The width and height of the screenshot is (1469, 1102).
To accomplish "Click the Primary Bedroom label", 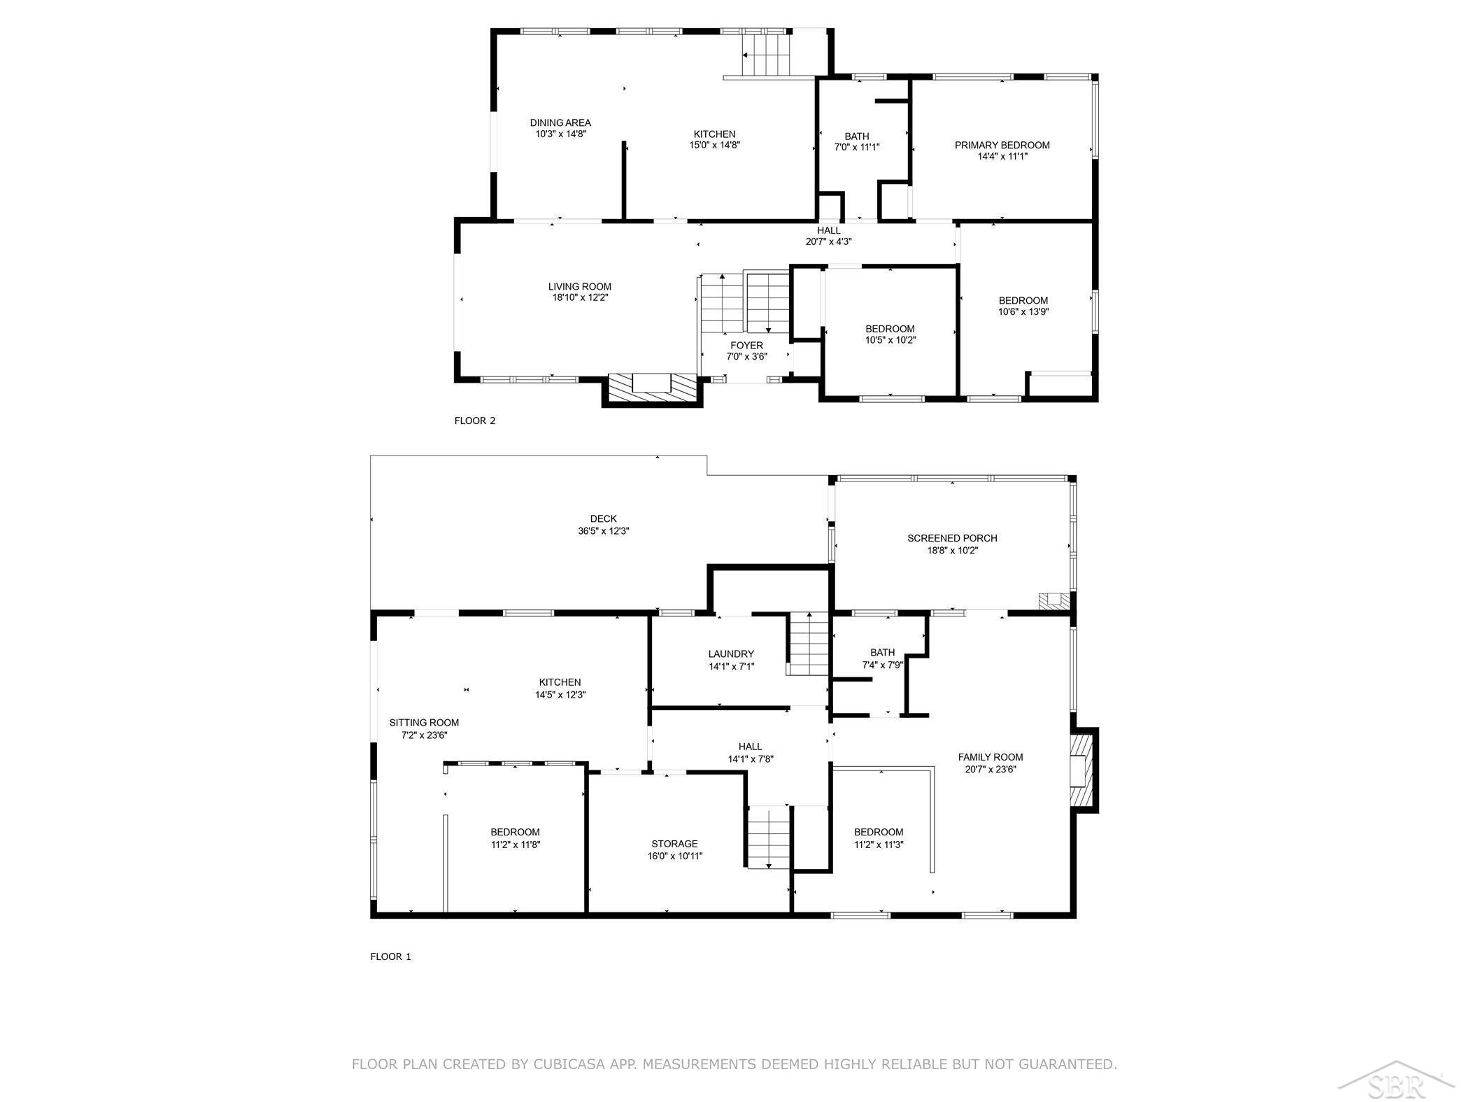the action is click(x=1002, y=146).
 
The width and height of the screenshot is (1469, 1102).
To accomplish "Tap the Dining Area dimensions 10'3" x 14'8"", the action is click(x=560, y=134).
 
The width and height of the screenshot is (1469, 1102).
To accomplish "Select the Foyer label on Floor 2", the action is click(x=747, y=346).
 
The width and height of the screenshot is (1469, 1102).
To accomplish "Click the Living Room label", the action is click(x=580, y=287).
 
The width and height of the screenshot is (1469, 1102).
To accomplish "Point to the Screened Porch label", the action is click(x=952, y=539).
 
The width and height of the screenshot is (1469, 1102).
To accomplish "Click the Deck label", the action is click(x=604, y=519).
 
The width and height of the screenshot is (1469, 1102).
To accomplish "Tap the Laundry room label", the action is click(x=731, y=655).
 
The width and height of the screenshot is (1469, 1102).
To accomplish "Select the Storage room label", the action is click(x=674, y=845).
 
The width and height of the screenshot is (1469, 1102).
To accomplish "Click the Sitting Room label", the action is click(x=424, y=723).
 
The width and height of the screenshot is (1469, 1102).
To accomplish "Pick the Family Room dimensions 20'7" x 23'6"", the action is click(x=991, y=770).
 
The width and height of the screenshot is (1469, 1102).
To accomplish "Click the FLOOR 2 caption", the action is click(x=475, y=421).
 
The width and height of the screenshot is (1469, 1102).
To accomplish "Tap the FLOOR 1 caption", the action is click(x=391, y=957).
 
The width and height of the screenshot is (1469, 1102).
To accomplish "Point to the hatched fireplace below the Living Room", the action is click(x=652, y=388).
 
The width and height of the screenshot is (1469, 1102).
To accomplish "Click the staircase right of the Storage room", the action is click(x=769, y=838).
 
